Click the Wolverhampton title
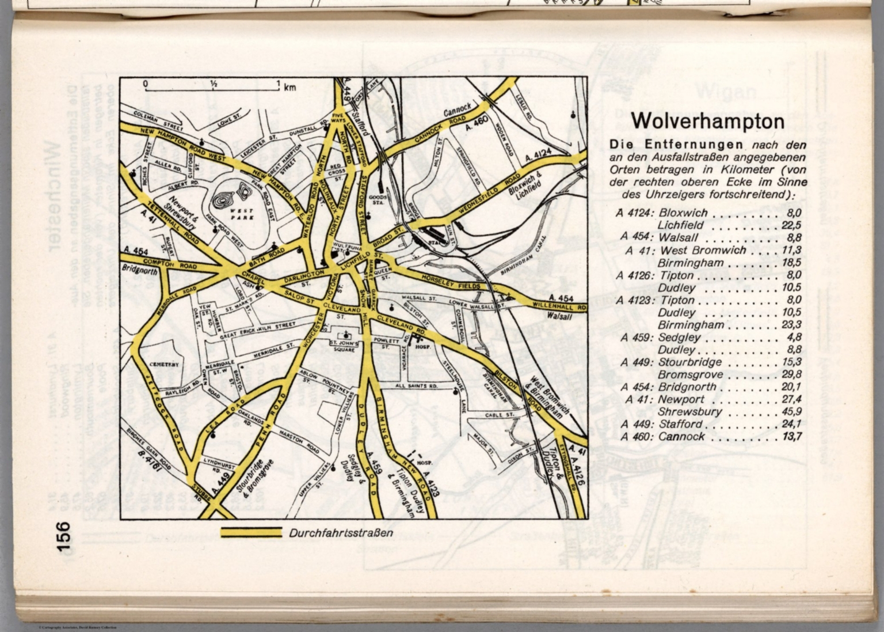[707, 122]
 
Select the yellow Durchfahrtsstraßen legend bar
[251, 533]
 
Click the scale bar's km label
[289, 88]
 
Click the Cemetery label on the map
[165, 365]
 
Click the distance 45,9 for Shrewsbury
[792, 412]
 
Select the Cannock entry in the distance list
[681, 437]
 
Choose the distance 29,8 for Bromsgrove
[792, 374]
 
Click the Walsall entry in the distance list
[678, 237]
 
